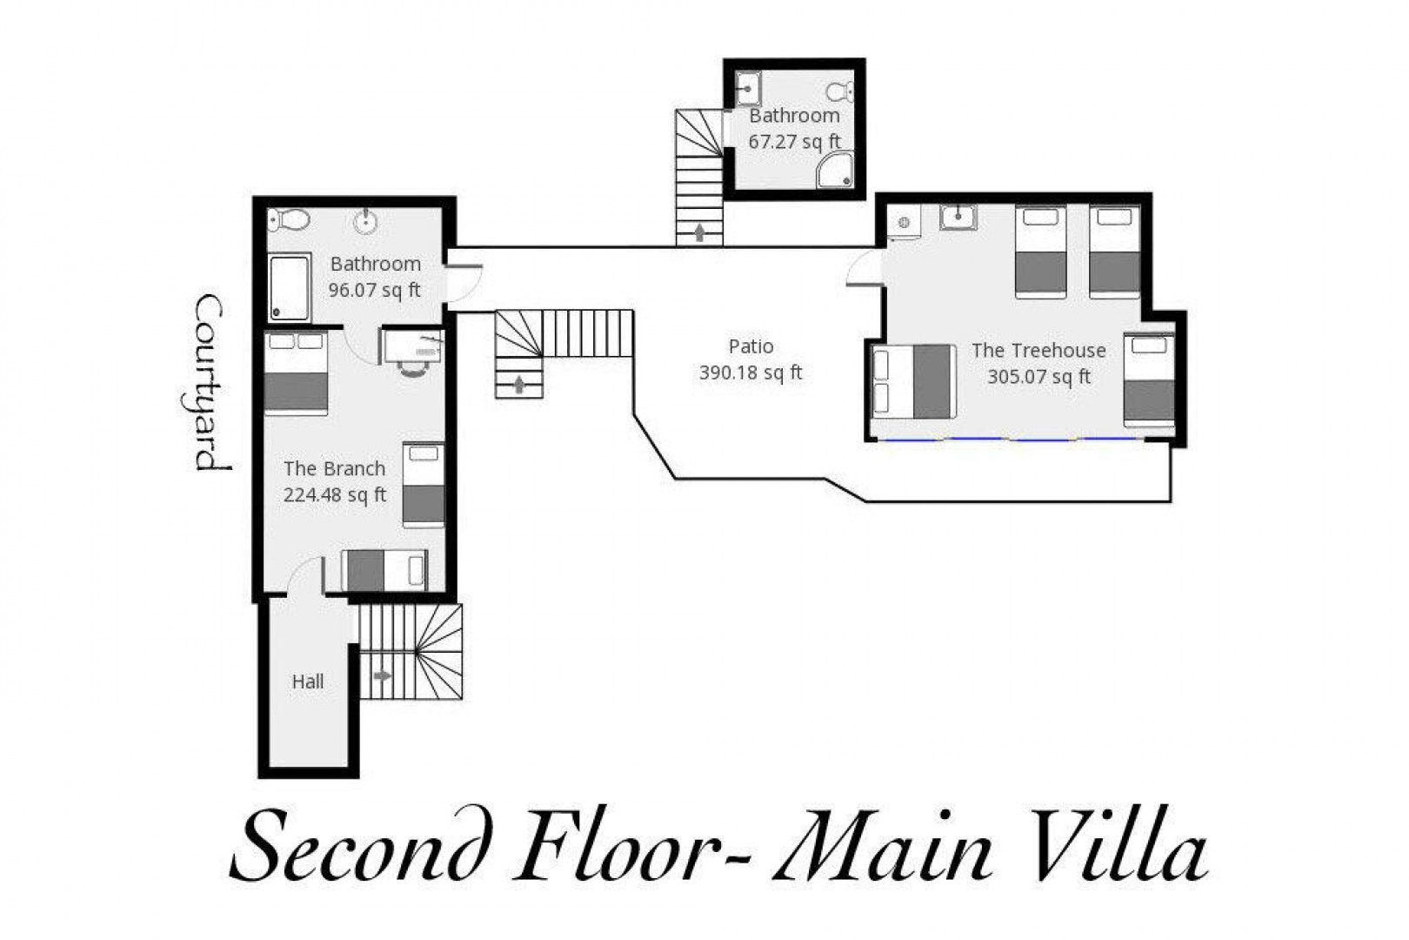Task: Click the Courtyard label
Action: click(211, 383)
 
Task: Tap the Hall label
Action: click(308, 681)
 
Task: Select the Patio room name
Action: click(751, 346)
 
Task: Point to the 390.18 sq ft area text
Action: click(751, 373)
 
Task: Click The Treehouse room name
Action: click(1038, 350)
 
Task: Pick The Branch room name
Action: click(334, 468)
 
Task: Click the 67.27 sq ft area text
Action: click(794, 142)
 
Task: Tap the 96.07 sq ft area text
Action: click(374, 290)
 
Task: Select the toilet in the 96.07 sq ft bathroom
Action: click(289, 219)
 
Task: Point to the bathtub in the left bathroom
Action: click(290, 287)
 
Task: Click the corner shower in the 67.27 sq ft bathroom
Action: click(835, 169)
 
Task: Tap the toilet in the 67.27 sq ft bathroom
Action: click(839, 92)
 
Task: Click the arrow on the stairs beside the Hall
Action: click(382, 675)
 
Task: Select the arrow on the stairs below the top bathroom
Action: click(699, 233)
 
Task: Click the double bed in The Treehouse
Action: click(914, 381)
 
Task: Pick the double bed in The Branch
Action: click(297, 373)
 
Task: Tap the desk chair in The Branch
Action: click(412, 370)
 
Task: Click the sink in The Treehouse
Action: click(958, 217)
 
